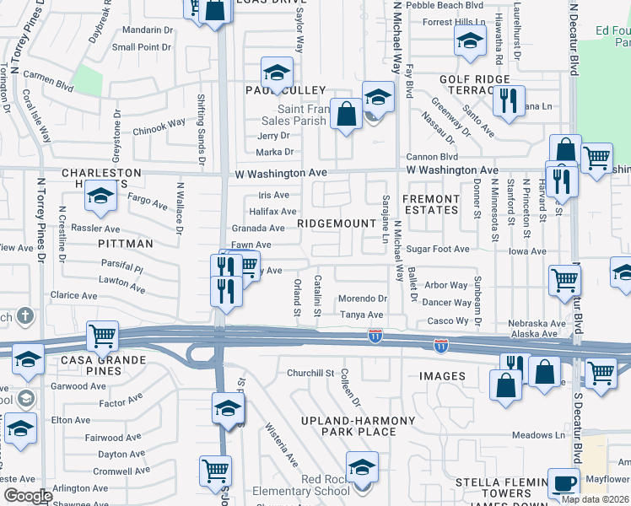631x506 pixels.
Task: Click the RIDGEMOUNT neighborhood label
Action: pyautogui.click(x=335, y=223)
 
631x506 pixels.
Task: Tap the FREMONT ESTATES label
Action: pyautogui.click(x=430, y=205)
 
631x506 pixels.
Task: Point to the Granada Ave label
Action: pyautogui.click(x=258, y=228)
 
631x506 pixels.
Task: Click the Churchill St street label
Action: pyautogui.click(x=311, y=373)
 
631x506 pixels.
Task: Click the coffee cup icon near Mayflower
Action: pyautogui.click(x=564, y=483)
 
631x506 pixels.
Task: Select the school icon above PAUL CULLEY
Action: pyautogui.click(x=276, y=72)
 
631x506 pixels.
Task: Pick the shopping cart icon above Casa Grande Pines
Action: pyautogui.click(x=102, y=336)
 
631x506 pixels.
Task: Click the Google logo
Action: pyautogui.click(x=27, y=496)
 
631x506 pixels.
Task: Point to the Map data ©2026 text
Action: pyautogui.click(x=596, y=499)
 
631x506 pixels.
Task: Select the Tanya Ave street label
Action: pyautogui.click(x=361, y=315)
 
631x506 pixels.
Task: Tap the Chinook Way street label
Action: pyautogui.click(x=159, y=127)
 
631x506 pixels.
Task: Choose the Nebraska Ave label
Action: pyautogui.click(x=537, y=324)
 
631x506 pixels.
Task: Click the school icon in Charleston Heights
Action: pyautogui.click(x=100, y=197)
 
